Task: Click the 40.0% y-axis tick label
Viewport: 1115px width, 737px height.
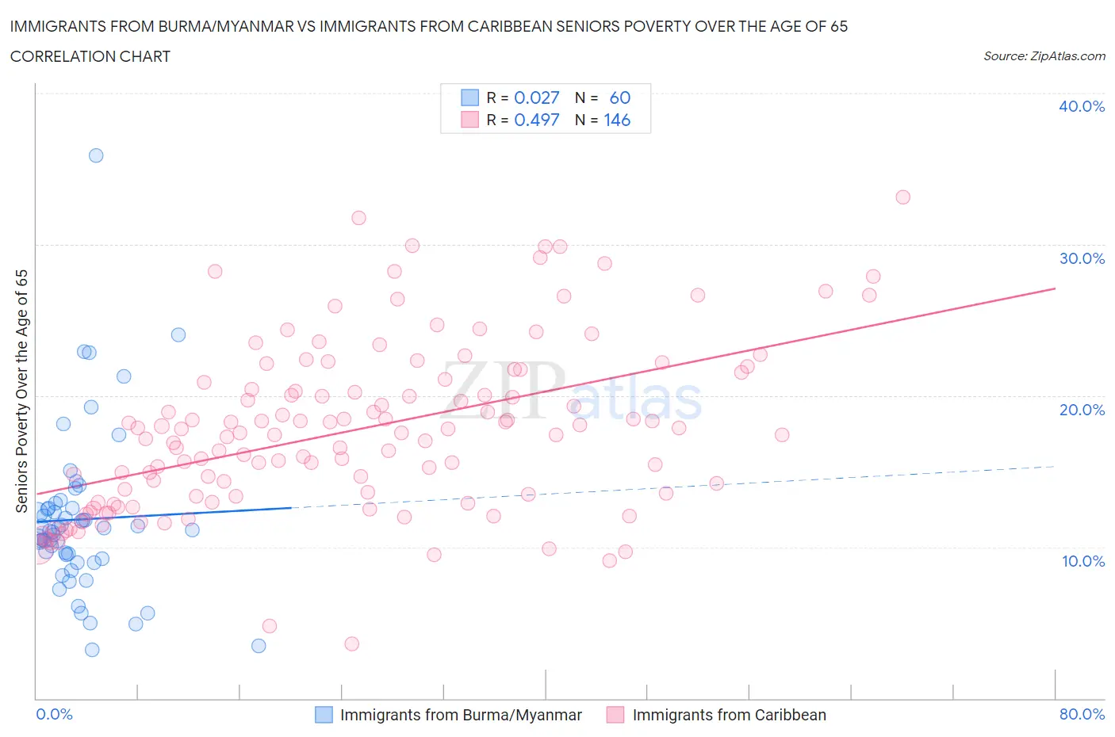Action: click(1081, 106)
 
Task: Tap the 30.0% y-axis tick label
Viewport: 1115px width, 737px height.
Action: click(1081, 258)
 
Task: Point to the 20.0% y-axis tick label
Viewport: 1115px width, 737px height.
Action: click(1081, 410)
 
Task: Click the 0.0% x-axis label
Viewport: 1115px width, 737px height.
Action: click(54, 714)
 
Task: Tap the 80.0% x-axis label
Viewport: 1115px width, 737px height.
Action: click(1082, 714)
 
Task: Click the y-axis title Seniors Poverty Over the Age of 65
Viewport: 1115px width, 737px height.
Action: click(22, 391)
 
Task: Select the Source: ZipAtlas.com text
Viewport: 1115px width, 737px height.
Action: click(1044, 56)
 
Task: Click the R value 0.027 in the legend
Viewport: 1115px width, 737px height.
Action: click(537, 97)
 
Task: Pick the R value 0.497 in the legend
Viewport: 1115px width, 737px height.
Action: click(537, 120)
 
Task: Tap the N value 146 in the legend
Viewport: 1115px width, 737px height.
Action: click(617, 120)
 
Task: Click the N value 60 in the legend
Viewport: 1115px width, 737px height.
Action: click(619, 97)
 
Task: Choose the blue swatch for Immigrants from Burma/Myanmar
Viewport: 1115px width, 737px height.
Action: click(324, 715)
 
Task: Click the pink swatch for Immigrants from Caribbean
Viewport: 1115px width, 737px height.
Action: click(615, 715)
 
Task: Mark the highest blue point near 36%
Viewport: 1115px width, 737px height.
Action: click(96, 155)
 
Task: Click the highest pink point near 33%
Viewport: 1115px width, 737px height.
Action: click(902, 197)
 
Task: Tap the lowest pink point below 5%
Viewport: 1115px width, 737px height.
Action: click(352, 643)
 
